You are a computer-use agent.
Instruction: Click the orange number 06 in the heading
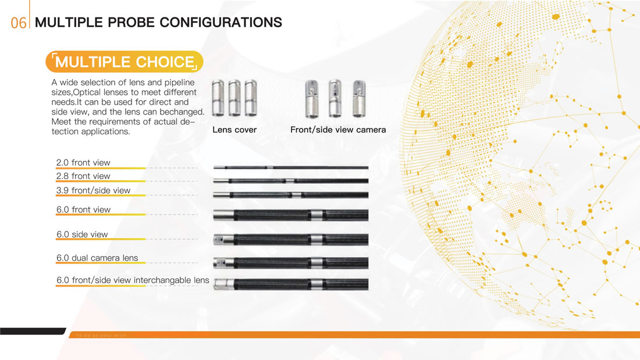[x=19, y=23]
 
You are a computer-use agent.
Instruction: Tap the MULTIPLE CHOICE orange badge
[x=125, y=62]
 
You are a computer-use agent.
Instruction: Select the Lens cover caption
[x=234, y=130]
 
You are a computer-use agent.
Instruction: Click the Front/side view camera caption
[x=338, y=130]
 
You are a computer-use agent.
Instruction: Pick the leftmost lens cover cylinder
[x=218, y=98]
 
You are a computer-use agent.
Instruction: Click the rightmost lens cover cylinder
[x=251, y=98]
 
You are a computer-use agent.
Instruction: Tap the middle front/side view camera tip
[x=335, y=98]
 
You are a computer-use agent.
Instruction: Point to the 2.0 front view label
[x=83, y=162]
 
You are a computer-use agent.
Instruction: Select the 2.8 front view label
[x=83, y=176]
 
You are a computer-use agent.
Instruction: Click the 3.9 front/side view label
[x=94, y=190]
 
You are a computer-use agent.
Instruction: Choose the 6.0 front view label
[x=83, y=209]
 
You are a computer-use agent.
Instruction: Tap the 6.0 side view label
[x=82, y=234]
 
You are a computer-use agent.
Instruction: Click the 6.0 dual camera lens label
[x=97, y=258]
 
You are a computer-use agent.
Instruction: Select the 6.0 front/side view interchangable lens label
[x=133, y=280]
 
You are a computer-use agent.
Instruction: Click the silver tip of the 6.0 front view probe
[x=223, y=215]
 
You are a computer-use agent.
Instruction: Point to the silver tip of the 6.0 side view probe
[x=223, y=240]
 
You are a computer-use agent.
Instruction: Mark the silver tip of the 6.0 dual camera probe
[x=223, y=263]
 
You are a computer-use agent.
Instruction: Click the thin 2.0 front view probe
[x=290, y=167]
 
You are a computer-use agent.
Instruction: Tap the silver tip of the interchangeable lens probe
[x=223, y=284]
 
